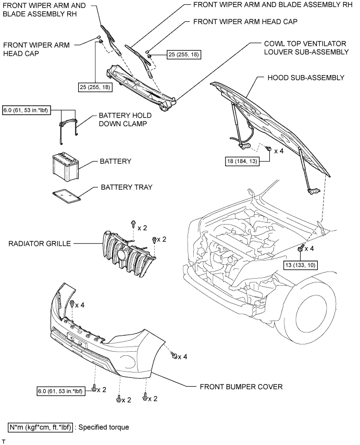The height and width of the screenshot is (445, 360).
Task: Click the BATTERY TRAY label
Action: [126, 187]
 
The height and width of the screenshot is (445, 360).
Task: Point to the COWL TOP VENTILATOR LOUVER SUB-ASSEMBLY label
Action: [304, 48]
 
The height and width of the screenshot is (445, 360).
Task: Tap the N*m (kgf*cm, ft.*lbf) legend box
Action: [40, 427]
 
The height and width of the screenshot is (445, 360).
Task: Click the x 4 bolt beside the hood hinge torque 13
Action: [302, 250]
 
